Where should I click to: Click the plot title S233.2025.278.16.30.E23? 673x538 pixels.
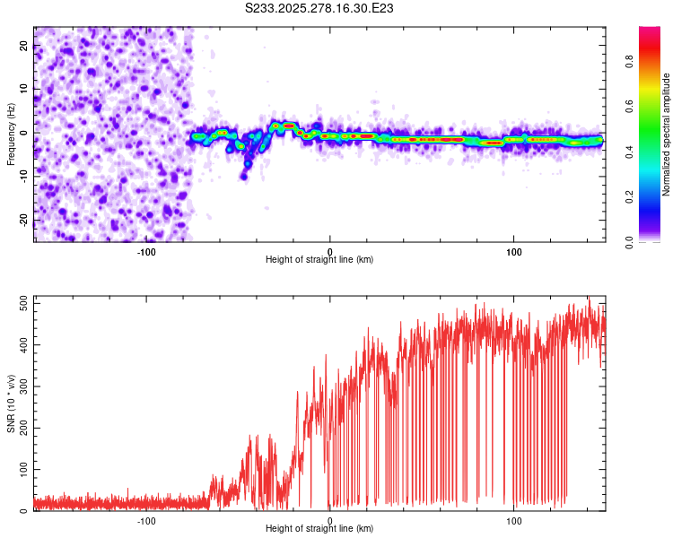[320, 8]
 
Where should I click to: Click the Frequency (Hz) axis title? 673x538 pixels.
[11, 134]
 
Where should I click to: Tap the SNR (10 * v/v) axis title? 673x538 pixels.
[11, 403]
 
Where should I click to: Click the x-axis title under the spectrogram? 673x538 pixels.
[319, 259]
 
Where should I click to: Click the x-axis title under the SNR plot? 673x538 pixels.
[319, 528]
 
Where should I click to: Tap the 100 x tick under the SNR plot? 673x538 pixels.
[514, 520]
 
